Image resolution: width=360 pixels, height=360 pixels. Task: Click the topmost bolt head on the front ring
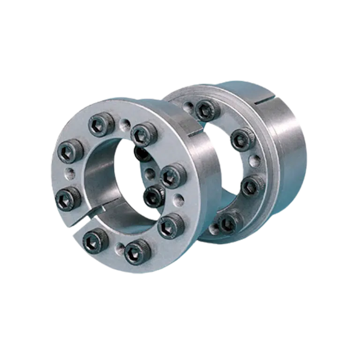click(102, 124)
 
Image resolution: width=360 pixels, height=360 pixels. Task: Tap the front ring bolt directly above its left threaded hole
click(70, 150)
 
